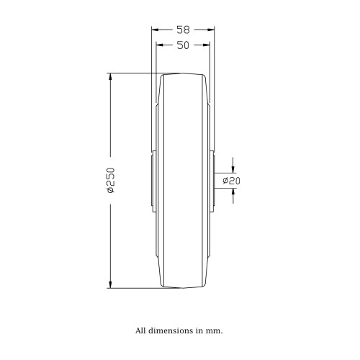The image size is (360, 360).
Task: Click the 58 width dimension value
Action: [x=183, y=30]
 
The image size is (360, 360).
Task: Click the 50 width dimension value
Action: [x=183, y=45]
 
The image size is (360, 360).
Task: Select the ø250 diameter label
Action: [x=111, y=181]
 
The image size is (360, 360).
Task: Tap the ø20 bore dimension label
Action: [x=231, y=181]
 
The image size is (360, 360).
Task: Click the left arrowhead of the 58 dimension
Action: [x=155, y=30]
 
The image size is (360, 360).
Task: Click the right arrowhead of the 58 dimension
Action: [x=211, y=30]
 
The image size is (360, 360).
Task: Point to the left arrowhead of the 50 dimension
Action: [x=160, y=45]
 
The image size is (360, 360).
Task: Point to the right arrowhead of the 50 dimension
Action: [x=207, y=45]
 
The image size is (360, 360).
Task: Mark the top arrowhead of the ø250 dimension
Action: [x=110, y=76]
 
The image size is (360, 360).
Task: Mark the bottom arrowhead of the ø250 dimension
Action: [x=110, y=284]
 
